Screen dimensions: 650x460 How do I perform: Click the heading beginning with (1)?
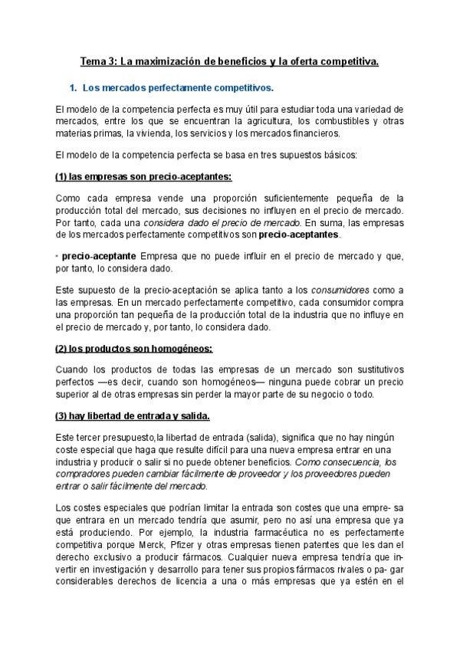pos(143,176)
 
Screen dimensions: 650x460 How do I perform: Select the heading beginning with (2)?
pos(134,348)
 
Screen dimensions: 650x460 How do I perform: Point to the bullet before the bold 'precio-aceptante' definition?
pos(58,255)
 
